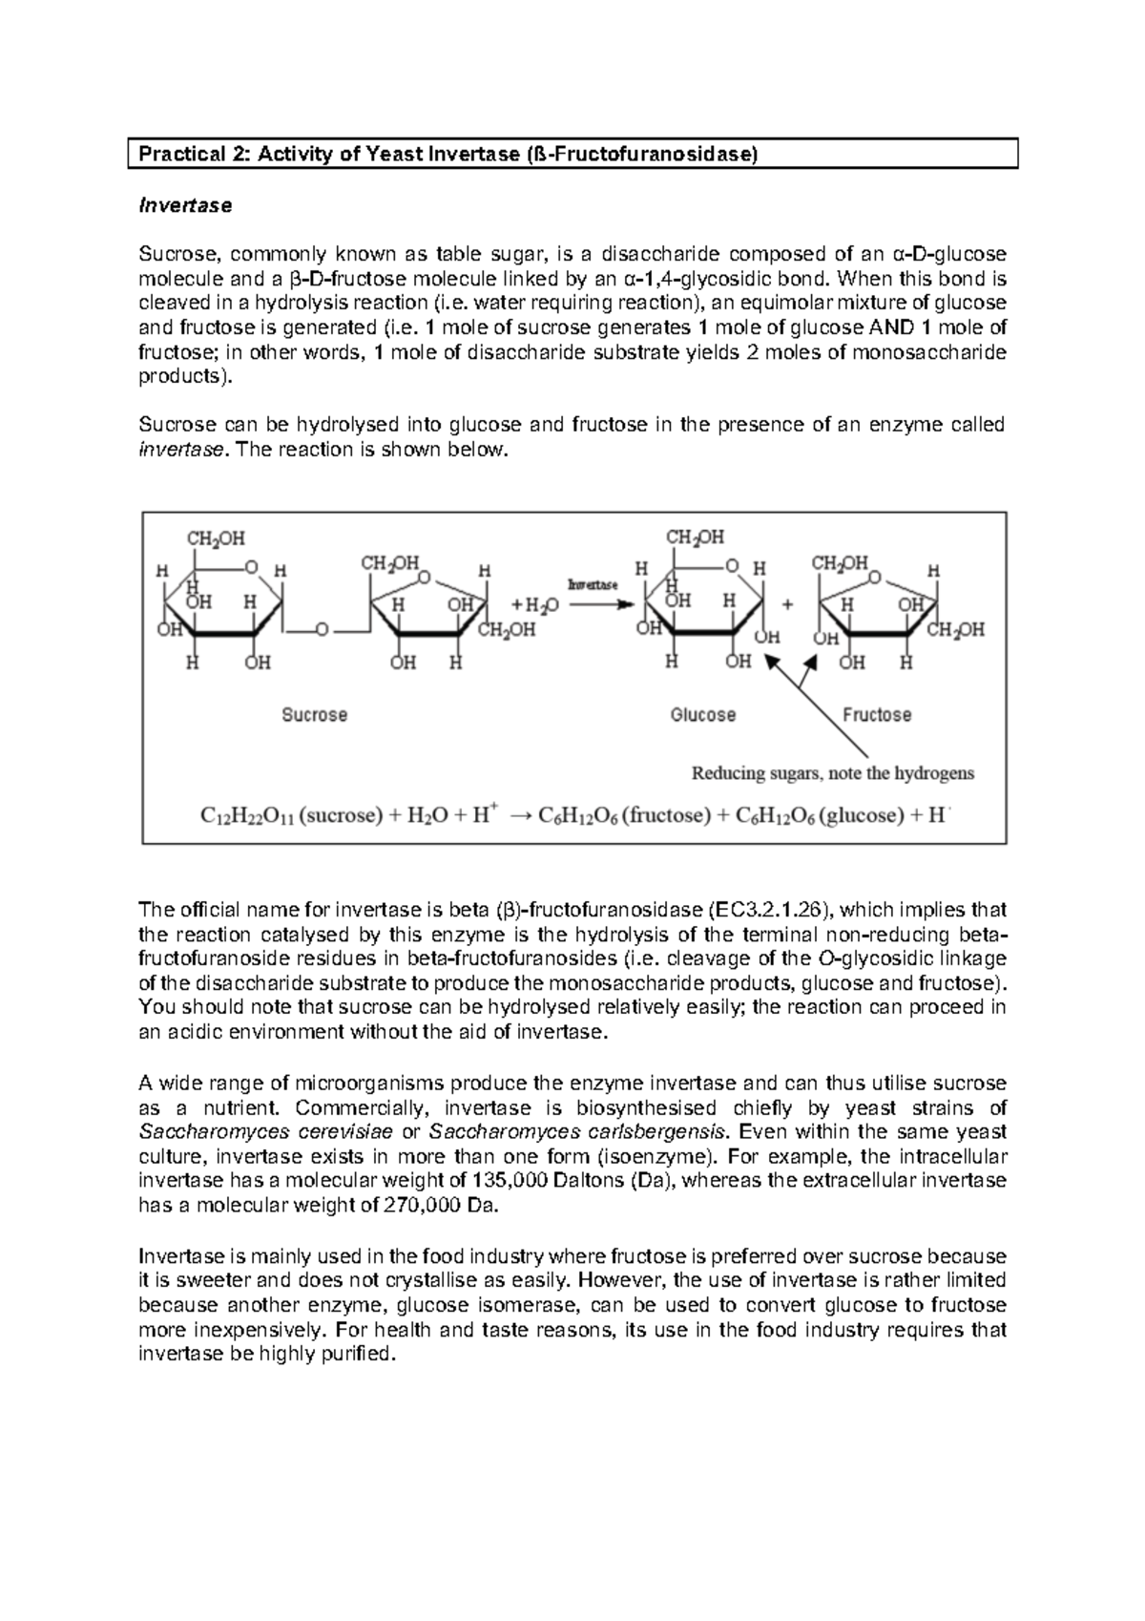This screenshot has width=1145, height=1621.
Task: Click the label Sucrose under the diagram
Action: [314, 714]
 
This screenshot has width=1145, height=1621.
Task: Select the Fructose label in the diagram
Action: [876, 714]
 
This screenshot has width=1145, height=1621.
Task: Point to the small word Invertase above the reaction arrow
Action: [593, 583]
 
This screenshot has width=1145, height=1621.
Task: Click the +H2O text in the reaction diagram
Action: [536, 605]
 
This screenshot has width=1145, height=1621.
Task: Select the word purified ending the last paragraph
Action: [361, 1354]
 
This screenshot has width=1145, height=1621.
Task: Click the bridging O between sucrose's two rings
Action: [323, 630]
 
